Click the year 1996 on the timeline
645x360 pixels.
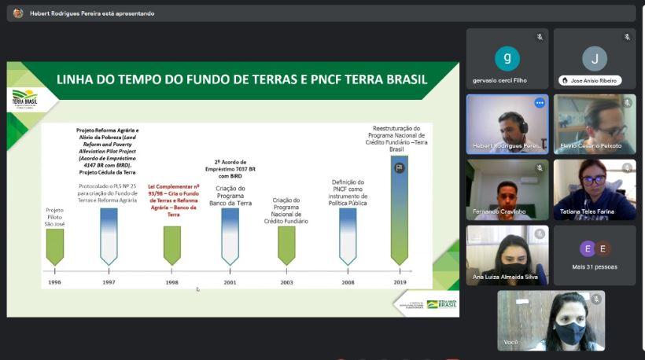pos(53,281)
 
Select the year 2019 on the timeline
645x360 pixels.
pos(399,281)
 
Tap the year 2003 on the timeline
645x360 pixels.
pos(286,281)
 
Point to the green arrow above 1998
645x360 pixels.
pos(172,245)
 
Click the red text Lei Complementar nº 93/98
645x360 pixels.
pos(174,200)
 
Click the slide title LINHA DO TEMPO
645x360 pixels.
pos(241,79)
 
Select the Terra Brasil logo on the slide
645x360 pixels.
pos(24,99)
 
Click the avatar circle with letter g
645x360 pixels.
pos(507,59)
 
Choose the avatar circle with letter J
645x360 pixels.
pos(594,59)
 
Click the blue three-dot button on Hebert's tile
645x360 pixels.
pos(540,103)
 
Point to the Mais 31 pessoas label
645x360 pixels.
pos(595,266)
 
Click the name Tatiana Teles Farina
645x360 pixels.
pos(587,211)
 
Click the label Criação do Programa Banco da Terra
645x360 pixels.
pos(230,196)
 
